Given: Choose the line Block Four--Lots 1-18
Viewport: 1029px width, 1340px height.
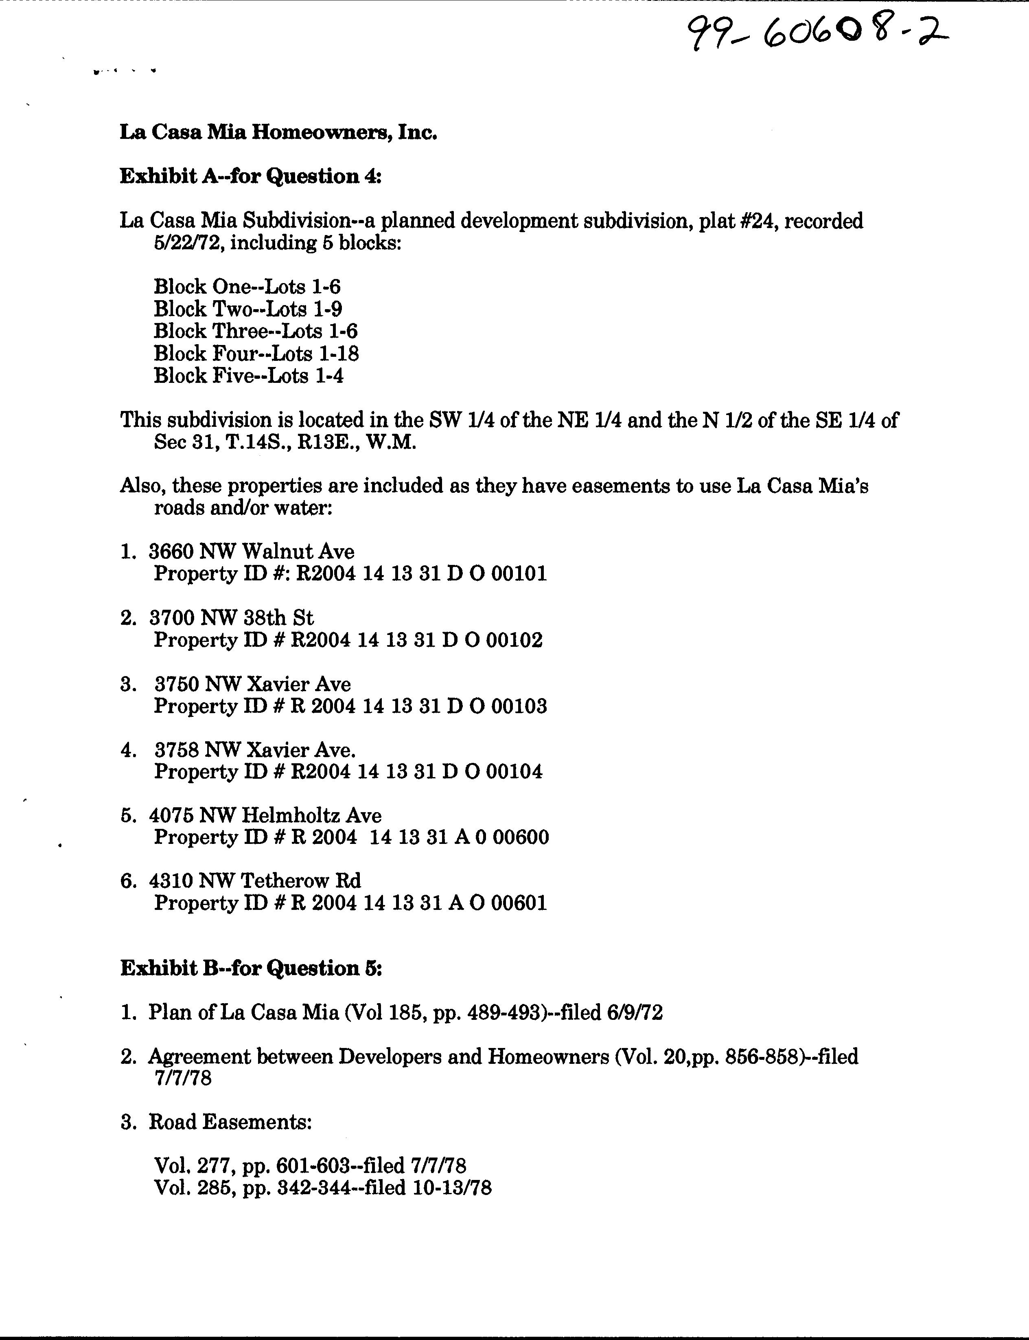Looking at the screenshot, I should [x=256, y=354].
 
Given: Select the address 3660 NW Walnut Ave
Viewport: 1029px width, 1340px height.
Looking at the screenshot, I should [x=251, y=551].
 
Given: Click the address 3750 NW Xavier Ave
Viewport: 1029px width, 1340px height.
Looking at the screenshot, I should [x=252, y=684].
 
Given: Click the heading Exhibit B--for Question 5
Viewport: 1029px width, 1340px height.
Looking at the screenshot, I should [x=251, y=968].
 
